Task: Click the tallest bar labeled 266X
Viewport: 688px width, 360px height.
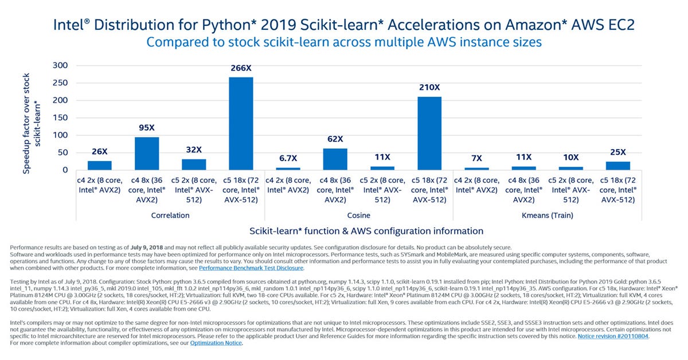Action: (241, 123)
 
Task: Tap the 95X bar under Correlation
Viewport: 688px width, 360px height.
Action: (147, 153)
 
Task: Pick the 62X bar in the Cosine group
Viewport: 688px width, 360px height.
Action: (335, 159)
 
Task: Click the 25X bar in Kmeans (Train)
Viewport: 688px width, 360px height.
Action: (617, 166)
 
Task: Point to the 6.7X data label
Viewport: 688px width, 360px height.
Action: (288, 157)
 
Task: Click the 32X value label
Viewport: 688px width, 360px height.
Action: (194, 150)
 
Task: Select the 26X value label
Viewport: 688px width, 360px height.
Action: (100, 152)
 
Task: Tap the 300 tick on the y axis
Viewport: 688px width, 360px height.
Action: (60, 65)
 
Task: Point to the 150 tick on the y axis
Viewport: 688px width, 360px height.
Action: (60, 118)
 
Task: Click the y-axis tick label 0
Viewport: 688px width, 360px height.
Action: (65, 170)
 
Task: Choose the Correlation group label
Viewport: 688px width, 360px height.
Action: (170, 216)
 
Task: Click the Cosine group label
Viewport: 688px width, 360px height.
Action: (358, 216)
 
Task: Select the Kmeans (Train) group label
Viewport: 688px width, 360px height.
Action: (547, 216)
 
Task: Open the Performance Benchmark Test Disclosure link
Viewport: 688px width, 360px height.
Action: (251, 268)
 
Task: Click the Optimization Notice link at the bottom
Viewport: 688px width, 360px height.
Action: (216, 343)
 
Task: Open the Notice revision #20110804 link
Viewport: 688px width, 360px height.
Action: (613, 336)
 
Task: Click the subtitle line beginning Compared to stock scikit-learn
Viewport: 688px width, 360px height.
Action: (344, 42)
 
